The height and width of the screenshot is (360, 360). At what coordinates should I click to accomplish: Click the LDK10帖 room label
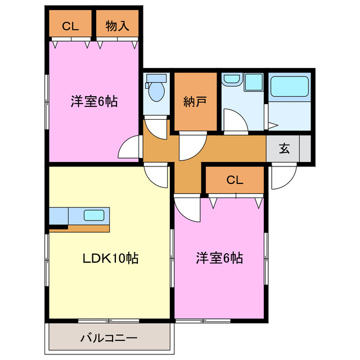pos(111,259)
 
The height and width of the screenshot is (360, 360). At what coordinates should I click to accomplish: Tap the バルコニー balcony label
pos(109,339)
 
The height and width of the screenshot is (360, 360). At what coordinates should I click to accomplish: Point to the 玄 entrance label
pos(284,149)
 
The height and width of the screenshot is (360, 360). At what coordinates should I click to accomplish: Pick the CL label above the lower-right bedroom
pos(235,180)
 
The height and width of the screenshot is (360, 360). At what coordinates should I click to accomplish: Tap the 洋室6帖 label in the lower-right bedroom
pos(219,259)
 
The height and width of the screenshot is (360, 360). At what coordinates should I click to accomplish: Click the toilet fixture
pos(155,89)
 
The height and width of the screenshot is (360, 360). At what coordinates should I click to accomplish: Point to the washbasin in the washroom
pos(232,82)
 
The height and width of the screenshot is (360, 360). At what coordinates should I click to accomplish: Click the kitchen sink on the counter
pos(92,215)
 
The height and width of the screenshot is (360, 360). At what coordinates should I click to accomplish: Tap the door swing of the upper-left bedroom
pos(130,148)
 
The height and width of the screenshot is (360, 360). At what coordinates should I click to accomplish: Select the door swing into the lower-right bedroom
pos(188,208)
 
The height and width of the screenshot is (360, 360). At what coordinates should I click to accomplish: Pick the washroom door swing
pos(235,120)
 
